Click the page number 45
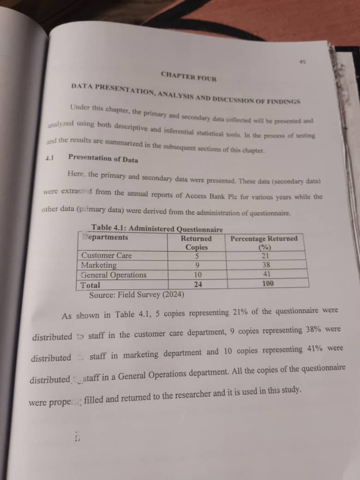(x=303, y=61)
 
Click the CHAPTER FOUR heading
(x=189, y=76)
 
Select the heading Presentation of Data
(x=102, y=158)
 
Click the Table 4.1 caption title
(x=157, y=228)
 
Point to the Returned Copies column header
(x=196, y=243)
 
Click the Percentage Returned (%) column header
(x=264, y=243)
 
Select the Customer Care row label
(x=107, y=255)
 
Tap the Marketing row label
(x=99, y=265)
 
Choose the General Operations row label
(x=114, y=275)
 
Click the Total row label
(x=90, y=285)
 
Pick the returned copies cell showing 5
(x=197, y=256)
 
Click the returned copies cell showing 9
(x=198, y=265)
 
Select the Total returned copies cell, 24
(x=198, y=284)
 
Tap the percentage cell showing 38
(x=266, y=265)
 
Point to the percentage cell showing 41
(x=267, y=274)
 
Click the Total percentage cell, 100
(x=268, y=283)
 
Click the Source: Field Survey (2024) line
(x=137, y=294)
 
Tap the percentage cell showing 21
(x=265, y=255)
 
